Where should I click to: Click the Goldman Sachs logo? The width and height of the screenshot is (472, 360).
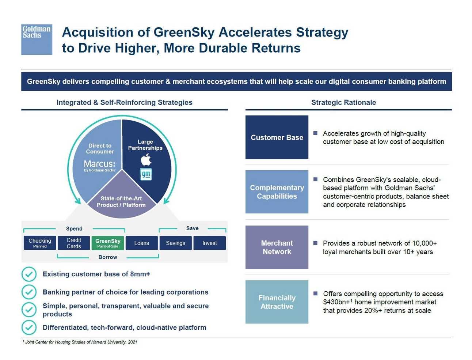37,39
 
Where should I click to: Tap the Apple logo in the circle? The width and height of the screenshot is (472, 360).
146,159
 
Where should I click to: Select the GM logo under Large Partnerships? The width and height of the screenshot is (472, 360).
146,174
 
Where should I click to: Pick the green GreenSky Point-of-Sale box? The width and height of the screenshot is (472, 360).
108,243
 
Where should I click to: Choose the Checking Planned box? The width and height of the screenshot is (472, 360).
40,243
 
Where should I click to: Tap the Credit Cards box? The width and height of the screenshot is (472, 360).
74,243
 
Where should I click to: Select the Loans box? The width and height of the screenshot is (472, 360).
142,243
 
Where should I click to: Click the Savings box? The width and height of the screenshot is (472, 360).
176,243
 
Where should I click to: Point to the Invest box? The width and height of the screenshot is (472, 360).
210,243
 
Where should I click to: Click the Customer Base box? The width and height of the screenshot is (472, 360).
277,137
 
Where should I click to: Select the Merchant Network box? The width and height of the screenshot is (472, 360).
277,247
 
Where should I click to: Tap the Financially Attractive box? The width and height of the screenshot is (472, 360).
277,302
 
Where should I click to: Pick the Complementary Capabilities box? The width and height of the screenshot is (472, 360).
277,192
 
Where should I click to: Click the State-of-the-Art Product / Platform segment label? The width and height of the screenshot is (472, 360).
121,202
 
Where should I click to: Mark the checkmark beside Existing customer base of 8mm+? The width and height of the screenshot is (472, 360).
29,274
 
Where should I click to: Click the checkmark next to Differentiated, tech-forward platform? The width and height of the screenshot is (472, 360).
29,327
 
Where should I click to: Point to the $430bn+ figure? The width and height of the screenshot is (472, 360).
336,302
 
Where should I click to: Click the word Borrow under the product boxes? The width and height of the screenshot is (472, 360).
108,257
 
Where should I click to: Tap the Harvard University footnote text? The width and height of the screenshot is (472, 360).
80,342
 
